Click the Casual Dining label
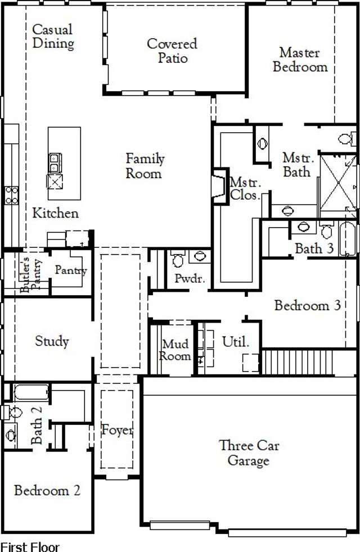click(53, 36)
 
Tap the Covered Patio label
click(172, 51)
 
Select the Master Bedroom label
click(300, 60)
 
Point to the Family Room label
click(144, 166)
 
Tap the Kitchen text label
click(55, 214)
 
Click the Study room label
click(52, 341)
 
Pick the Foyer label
click(118, 431)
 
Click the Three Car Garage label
click(249, 453)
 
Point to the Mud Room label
click(175, 350)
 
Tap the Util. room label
click(235, 342)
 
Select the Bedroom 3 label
click(308, 306)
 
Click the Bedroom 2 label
click(47, 491)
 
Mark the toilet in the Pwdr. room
click(178, 260)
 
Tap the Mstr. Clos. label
click(245, 189)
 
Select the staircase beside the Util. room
click(299, 360)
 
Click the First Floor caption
click(29, 546)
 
